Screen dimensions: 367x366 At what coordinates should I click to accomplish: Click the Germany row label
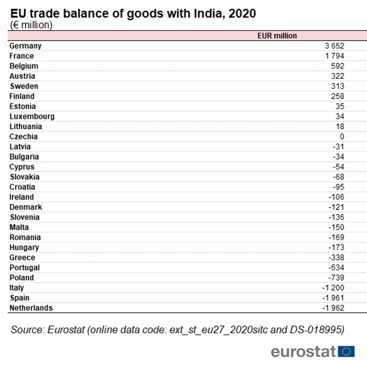click(x=25, y=46)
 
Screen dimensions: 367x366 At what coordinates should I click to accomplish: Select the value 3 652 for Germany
click(x=334, y=46)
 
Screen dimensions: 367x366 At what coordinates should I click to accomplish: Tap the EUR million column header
click(x=277, y=36)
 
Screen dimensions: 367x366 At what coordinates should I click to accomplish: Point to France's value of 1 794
click(x=334, y=56)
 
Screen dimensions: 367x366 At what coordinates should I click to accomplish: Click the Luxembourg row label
click(x=32, y=116)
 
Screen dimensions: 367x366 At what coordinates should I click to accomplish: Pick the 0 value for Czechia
click(x=342, y=136)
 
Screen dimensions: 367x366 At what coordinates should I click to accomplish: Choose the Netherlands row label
click(x=31, y=308)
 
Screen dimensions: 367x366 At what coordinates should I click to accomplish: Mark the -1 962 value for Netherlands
click(x=333, y=308)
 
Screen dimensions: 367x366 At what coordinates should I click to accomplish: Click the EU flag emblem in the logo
click(x=346, y=351)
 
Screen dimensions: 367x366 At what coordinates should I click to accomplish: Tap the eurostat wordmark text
click(x=303, y=351)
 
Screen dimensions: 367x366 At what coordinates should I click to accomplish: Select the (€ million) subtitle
click(x=31, y=25)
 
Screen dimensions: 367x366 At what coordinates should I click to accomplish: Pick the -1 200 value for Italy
click(x=333, y=288)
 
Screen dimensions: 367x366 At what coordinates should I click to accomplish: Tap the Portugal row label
click(x=25, y=268)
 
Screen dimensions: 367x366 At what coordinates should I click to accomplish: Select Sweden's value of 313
click(x=337, y=86)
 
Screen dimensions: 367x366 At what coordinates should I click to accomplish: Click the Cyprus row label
click(x=22, y=167)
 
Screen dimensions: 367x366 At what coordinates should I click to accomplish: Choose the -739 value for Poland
click(x=336, y=278)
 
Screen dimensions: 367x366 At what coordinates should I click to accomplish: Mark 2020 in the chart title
click(x=242, y=13)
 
